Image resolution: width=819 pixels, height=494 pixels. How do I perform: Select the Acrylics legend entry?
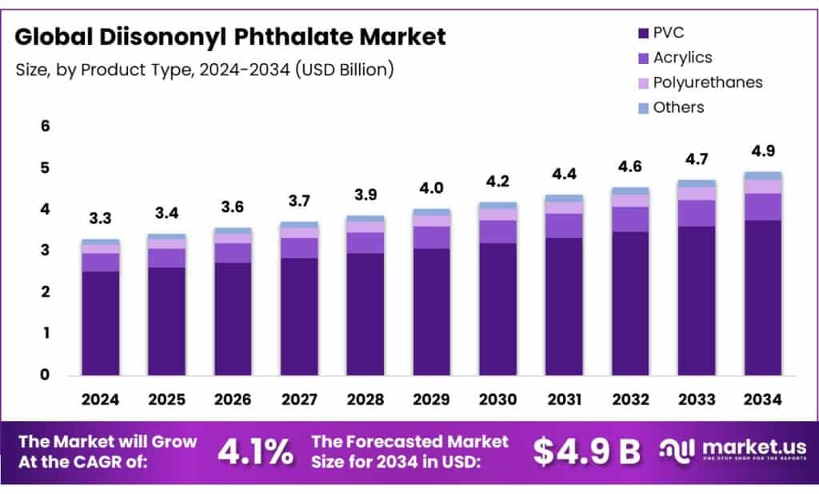[x=681, y=58]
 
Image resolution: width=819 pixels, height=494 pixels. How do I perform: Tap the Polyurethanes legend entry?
[x=707, y=82]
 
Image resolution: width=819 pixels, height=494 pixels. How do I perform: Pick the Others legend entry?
[x=678, y=107]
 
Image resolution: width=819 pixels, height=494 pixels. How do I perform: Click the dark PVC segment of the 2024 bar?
[x=101, y=323]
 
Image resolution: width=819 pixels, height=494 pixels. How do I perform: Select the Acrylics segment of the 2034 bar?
[x=763, y=207]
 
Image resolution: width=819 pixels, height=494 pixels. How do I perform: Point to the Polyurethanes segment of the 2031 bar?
[x=565, y=208]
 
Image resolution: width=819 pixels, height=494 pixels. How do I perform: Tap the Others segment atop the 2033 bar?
[x=697, y=183]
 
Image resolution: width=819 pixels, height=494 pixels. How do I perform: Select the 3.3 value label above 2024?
[x=101, y=219]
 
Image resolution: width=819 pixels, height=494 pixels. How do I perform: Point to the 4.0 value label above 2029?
[x=433, y=189]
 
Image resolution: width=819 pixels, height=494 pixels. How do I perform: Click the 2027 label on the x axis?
[x=299, y=398]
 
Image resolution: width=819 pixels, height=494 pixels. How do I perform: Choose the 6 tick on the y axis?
[x=46, y=126]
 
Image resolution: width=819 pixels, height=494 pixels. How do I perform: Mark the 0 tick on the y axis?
[x=46, y=375]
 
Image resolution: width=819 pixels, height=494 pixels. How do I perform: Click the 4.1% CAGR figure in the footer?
[x=254, y=451]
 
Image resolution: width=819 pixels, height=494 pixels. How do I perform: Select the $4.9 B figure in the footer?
[x=587, y=451]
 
